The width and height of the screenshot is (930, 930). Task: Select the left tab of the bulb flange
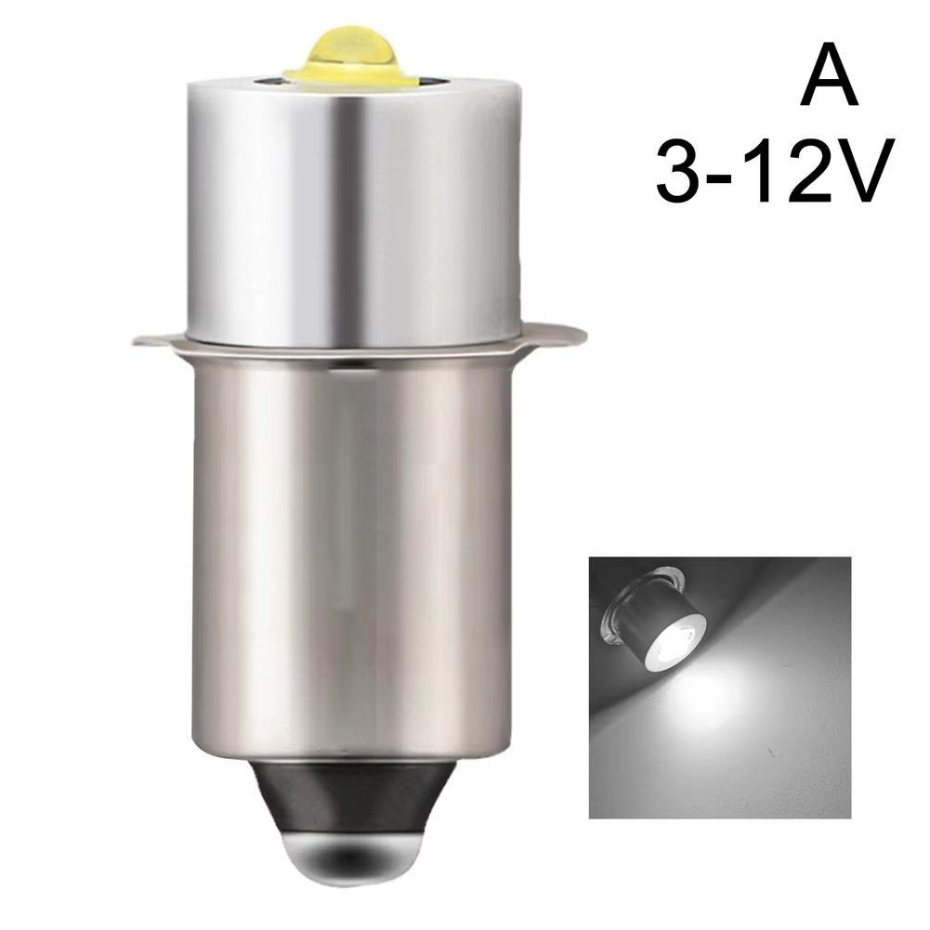coord(154,337)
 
